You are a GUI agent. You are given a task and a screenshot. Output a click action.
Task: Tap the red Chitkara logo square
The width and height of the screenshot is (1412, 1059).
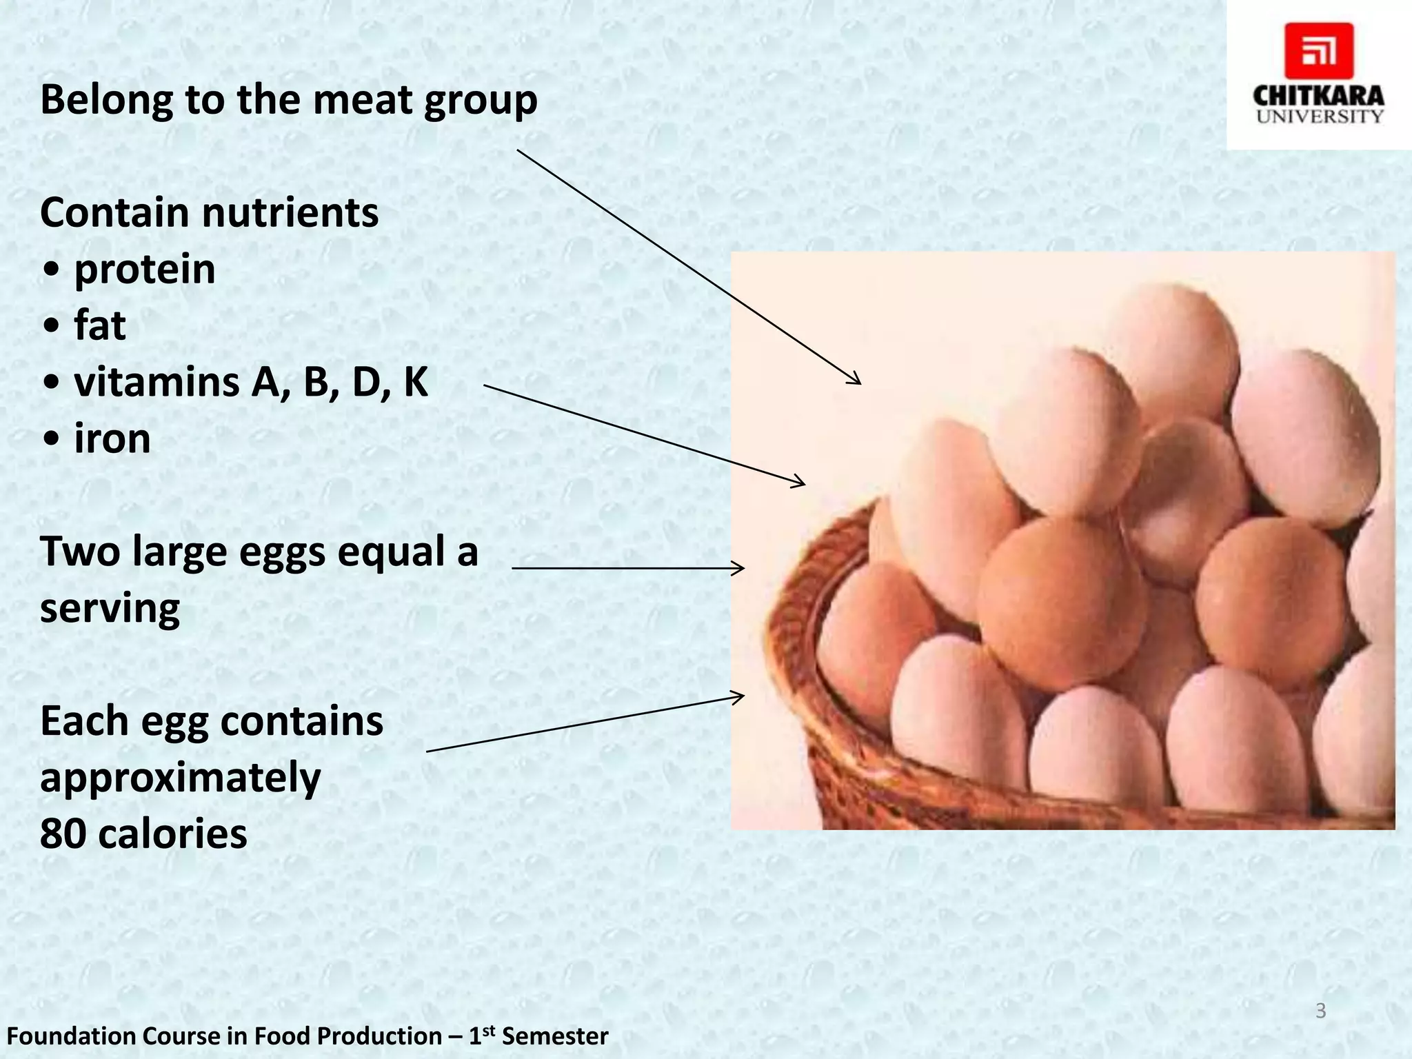point(1318,51)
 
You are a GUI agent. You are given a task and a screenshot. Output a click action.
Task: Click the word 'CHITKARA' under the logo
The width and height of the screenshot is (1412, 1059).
point(1318,96)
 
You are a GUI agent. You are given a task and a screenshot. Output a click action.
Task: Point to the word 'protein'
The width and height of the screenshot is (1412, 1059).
point(145,269)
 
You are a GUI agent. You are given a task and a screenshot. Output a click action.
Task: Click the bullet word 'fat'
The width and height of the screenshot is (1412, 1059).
point(100,325)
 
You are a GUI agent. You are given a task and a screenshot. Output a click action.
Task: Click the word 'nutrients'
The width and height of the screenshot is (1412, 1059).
point(290,212)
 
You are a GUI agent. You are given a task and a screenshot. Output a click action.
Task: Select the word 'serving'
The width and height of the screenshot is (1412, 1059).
point(110,608)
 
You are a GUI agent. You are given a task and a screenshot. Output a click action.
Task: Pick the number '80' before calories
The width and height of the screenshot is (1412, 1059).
point(63,834)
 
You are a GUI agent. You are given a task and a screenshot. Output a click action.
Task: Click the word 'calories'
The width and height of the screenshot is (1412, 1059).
point(172,834)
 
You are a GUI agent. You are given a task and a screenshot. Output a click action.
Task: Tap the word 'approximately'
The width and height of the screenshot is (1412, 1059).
point(181,778)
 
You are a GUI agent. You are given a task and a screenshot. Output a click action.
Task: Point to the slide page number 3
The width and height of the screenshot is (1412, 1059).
point(1320,1011)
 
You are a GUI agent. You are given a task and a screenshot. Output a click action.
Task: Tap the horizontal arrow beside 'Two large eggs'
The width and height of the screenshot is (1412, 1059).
point(627,568)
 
